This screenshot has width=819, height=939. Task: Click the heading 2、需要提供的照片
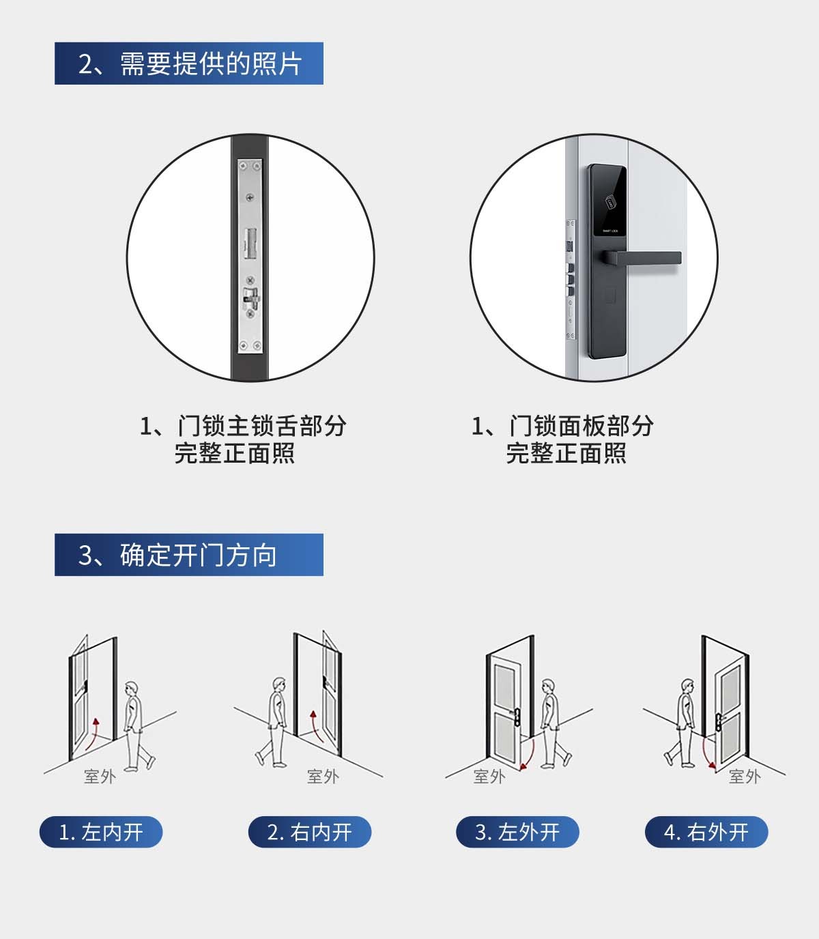click(189, 63)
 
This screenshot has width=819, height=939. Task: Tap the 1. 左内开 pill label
click(101, 832)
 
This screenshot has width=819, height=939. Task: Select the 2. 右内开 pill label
click(310, 832)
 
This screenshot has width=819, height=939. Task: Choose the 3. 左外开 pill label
click(517, 832)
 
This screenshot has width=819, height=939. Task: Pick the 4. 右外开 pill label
click(706, 832)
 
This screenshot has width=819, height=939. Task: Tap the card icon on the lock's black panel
click(610, 203)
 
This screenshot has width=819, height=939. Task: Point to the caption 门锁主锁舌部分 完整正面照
click(243, 439)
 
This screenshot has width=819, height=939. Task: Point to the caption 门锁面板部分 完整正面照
click(563, 439)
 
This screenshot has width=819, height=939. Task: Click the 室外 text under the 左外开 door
click(489, 777)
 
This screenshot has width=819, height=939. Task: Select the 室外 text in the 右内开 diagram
click(323, 777)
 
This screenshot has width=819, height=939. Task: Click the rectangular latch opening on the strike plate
click(250, 243)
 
